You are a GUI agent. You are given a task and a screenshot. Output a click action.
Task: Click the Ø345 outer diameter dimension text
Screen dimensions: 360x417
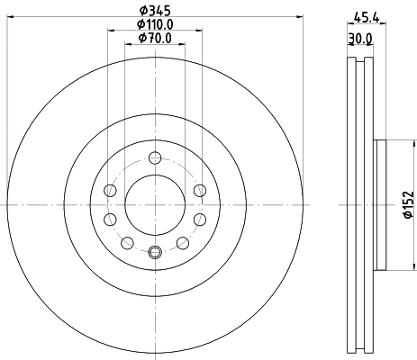click(154, 12)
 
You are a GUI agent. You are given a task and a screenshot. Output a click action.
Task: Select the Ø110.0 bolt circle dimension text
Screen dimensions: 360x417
click(154, 26)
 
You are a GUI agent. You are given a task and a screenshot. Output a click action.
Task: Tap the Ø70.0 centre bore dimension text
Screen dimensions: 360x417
click(154, 40)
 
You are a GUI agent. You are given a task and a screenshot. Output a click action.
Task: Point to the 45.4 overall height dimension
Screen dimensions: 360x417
click(365, 15)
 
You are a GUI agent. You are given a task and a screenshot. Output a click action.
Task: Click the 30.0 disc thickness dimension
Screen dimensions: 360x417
click(360, 39)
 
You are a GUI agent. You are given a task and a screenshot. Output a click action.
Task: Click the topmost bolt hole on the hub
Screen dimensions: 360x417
click(154, 157)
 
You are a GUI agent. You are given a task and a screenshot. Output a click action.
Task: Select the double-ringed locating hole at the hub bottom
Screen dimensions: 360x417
click(154, 253)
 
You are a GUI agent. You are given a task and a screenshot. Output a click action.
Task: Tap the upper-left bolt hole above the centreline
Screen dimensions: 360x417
click(110, 190)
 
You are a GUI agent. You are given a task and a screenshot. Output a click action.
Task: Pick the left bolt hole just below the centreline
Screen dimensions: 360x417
click(110, 220)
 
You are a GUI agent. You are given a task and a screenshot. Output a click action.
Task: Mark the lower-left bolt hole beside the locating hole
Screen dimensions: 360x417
click(126, 242)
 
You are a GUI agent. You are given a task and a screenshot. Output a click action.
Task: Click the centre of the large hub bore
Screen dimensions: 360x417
click(154, 204)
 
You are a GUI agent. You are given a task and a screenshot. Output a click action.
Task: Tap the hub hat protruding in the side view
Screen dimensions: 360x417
click(381, 204)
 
